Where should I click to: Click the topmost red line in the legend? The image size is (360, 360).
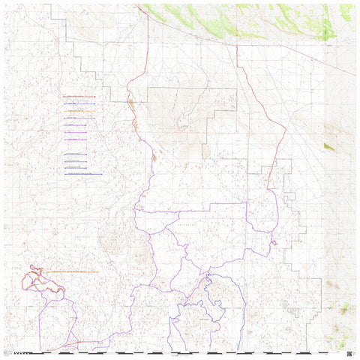79,97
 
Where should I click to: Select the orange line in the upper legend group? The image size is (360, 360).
79,111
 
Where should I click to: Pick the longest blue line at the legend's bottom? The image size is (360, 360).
82,174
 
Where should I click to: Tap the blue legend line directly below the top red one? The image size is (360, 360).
79,103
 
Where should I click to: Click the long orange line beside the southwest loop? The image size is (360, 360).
71,271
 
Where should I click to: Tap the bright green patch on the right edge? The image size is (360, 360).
329,147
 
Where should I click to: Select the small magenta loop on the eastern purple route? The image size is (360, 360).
275,242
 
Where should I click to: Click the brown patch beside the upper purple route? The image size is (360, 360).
154,157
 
